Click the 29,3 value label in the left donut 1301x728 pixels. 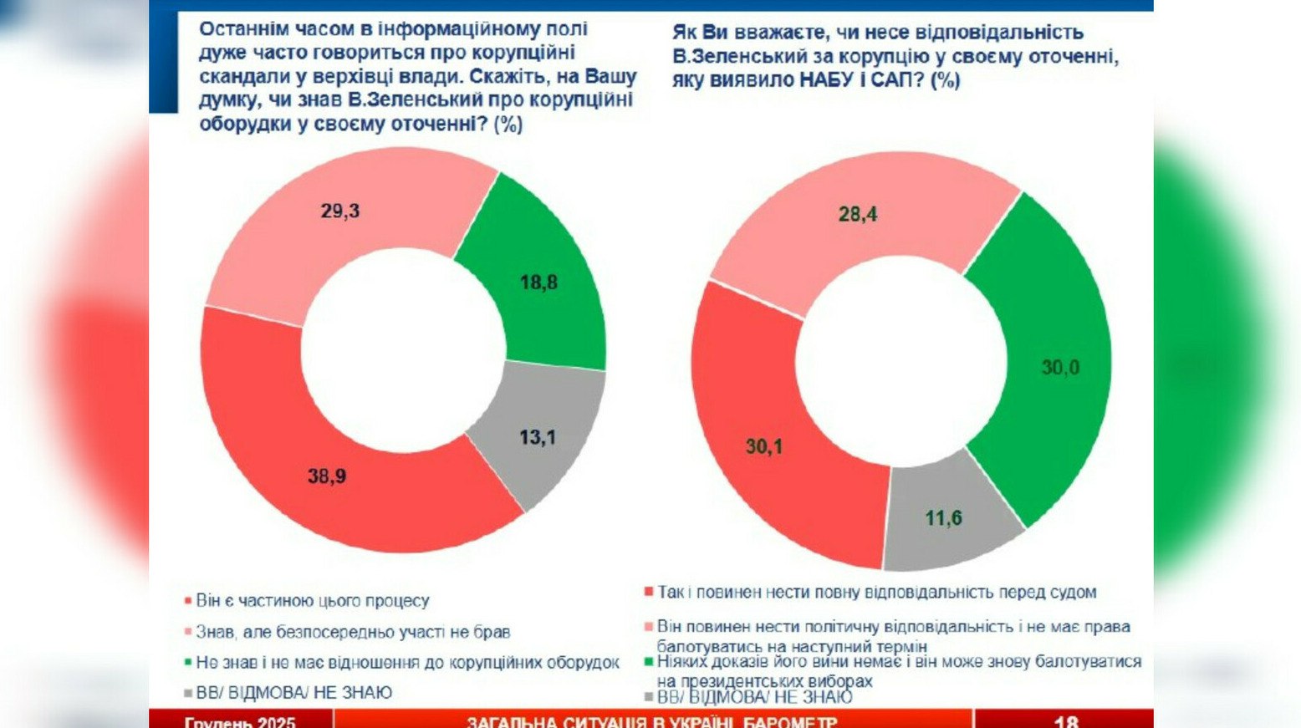(x=339, y=211)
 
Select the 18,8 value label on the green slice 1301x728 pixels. (x=538, y=283)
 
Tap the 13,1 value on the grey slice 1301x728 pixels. (x=537, y=437)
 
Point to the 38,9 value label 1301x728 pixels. (x=327, y=476)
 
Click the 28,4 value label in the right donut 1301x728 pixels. (x=858, y=215)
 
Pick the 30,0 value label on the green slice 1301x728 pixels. (x=1060, y=368)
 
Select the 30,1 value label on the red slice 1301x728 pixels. (x=764, y=447)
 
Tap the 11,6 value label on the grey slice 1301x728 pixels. (x=943, y=518)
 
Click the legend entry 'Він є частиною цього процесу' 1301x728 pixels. (x=312, y=601)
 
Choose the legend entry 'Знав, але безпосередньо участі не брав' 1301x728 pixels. (x=352, y=632)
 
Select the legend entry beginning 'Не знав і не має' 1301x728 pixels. (x=407, y=663)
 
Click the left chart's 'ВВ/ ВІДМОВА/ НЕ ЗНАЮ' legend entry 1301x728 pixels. (x=293, y=693)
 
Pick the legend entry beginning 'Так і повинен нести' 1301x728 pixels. (x=876, y=593)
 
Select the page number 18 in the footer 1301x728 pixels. (x=1066, y=721)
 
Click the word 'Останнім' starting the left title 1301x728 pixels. (x=241, y=29)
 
